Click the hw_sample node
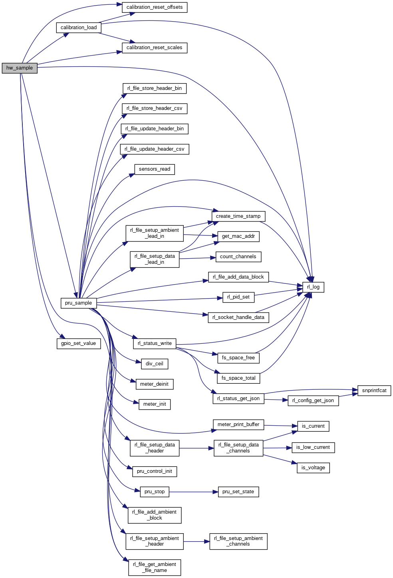[20, 68]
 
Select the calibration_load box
[79, 28]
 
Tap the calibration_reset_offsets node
[154, 7]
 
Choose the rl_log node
[313, 287]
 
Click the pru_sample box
[78, 303]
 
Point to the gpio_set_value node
[78, 343]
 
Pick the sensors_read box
[155, 169]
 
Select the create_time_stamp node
[238, 216]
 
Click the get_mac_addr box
[238, 236]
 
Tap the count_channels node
[238, 257]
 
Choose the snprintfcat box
[374, 391]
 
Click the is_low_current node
[313, 447]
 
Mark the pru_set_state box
[238, 492]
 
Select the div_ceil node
[155, 364]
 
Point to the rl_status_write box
[155, 343]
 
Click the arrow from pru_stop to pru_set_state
[194, 492]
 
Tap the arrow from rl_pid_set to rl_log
[278, 293]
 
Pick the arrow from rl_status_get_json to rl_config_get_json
[276, 400]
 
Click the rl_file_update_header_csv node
[155, 149]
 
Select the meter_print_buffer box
[238, 425]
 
